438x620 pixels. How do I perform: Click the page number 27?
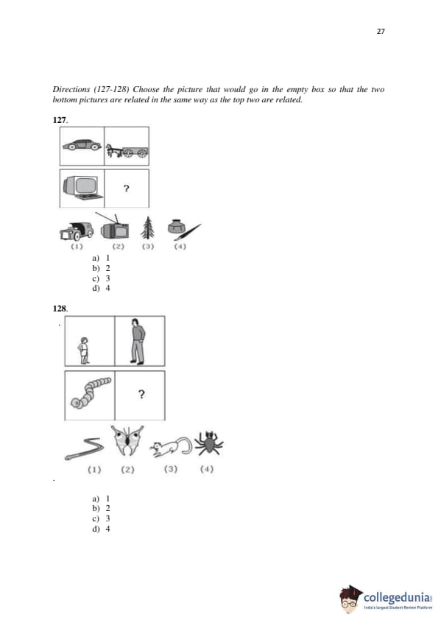click(x=381, y=31)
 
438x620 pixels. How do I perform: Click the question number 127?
click(x=60, y=120)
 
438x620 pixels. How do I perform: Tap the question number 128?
click(x=60, y=309)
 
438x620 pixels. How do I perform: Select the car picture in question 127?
click(x=82, y=145)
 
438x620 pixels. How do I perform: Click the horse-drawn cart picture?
click(x=127, y=151)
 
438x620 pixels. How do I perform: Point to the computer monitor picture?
click(x=81, y=188)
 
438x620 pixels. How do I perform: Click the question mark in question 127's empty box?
click(x=126, y=189)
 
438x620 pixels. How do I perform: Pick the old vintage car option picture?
click(x=77, y=231)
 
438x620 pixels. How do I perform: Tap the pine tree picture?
click(x=147, y=228)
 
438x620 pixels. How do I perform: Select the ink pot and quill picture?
click(x=184, y=230)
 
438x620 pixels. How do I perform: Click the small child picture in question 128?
click(x=83, y=350)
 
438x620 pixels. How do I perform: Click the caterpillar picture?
click(x=90, y=392)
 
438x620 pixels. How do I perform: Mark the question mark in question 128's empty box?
click(x=141, y=394)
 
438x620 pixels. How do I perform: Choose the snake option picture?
click(x=84, y=450)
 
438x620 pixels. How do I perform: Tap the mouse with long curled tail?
click(x=172, y=447)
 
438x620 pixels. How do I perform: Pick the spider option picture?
click(x=209, y=443)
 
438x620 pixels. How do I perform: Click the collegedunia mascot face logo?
click(x=350, y=599)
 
